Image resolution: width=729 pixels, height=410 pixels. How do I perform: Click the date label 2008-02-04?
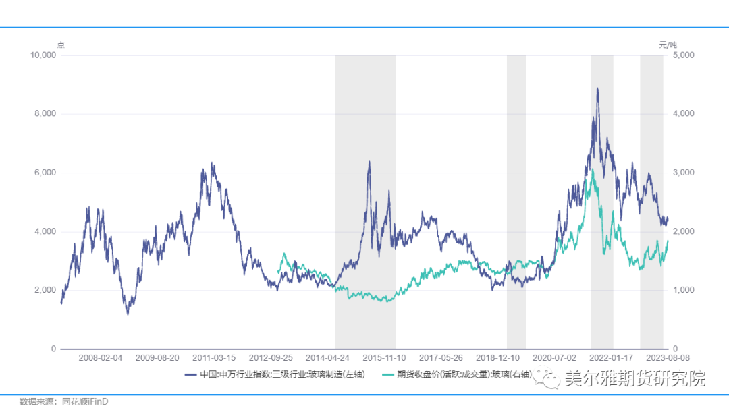click(x=101, y=357)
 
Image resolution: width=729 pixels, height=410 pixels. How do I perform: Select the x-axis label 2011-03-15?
click(x=214, y=357)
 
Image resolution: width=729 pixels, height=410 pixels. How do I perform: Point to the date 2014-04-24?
click(x=327, y=357)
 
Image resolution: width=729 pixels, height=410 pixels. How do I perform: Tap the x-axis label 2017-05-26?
click(x=441, y=357)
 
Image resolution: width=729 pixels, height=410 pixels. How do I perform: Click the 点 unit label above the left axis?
click(x=60, y=45)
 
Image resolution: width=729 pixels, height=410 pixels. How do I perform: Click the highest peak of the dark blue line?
click(x=597, y=88)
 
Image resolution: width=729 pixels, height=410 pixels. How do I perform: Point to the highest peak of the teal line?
click(x=592, y=170)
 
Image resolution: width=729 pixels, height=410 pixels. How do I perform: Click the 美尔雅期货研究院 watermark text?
click(x=634, y=379)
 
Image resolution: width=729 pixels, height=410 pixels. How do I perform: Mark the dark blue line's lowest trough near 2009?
click(x=128, y=314)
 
